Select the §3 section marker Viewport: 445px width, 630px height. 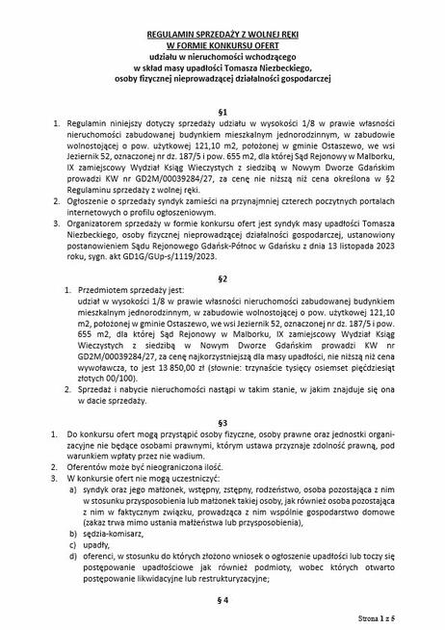(x=222, y=424)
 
